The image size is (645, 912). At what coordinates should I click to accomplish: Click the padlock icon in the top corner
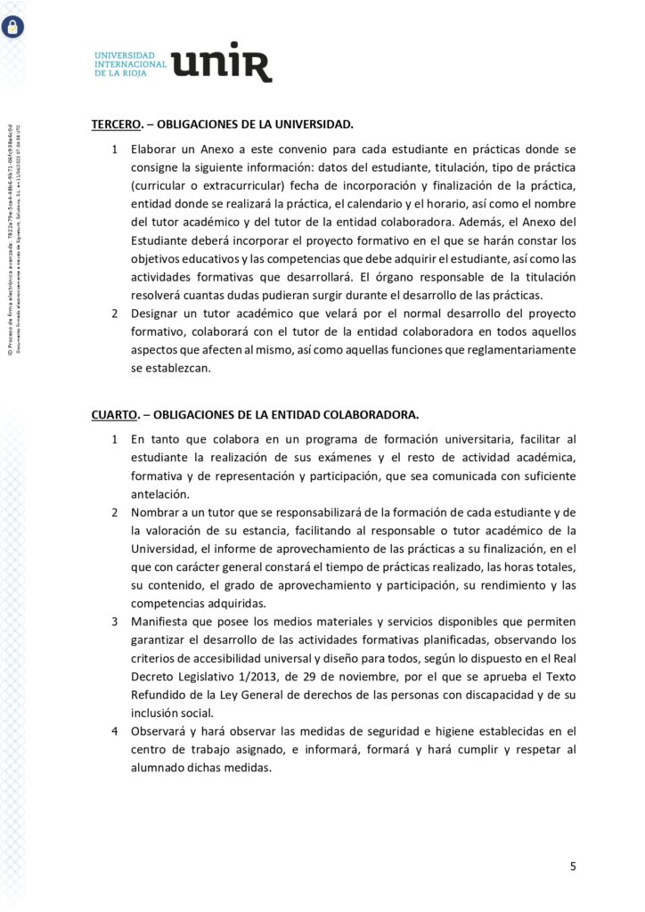click(13, 27)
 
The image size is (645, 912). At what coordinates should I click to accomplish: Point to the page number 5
click(574, 866)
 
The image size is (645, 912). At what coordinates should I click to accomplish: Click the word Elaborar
click(157, 148)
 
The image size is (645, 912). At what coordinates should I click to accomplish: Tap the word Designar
click(158, 313)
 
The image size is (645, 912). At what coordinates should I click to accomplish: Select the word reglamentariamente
click(517, 350)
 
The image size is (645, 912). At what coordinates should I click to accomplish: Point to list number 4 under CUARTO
click(114, 731)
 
